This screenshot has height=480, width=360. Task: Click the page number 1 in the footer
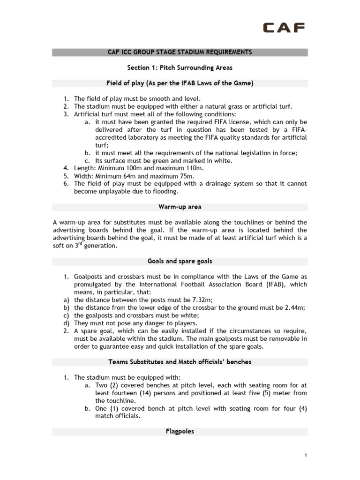coord(305,455)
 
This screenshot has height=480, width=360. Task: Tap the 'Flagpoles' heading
coord(180,431)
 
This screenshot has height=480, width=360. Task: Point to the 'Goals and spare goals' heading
coord(180,261)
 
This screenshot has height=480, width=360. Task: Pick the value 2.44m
coord(294,307)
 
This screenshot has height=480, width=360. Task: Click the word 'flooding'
coord(164,192)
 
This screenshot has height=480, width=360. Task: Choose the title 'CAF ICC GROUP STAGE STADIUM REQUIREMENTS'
coord(180,52)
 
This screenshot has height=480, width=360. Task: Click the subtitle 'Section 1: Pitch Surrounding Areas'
coord(180,67)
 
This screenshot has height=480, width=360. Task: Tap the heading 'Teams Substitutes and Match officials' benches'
coord(180,362)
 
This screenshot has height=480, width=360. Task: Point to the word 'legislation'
coord(245,152)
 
